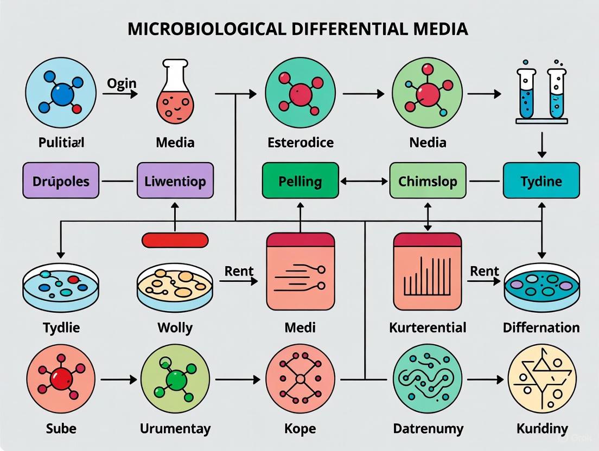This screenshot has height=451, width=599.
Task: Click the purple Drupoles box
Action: tap(61, 181)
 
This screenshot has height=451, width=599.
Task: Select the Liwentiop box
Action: tap(175, 181)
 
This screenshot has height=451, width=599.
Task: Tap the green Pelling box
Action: tap(300, 181)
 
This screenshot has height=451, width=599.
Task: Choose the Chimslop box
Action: tap(428, 181)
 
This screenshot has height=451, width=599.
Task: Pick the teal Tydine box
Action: tap(541, 181)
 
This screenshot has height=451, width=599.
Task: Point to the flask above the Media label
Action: tap(175, 87)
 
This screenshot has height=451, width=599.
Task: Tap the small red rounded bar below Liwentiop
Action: tap(175, 240)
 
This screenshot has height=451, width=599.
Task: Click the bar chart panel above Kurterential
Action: tap(427, 271)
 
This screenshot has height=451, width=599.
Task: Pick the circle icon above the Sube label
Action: tap(60, 378)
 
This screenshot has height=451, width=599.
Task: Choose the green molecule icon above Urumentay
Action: tap(175, 378)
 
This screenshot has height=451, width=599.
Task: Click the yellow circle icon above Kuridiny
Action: tap(541, 378)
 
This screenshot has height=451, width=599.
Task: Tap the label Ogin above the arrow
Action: tap(122, 83)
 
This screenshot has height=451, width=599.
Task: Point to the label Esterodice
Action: tap(301, 143)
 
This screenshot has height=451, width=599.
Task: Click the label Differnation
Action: tap(541, 327)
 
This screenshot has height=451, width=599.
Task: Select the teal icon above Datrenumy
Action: tap(428, 378)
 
